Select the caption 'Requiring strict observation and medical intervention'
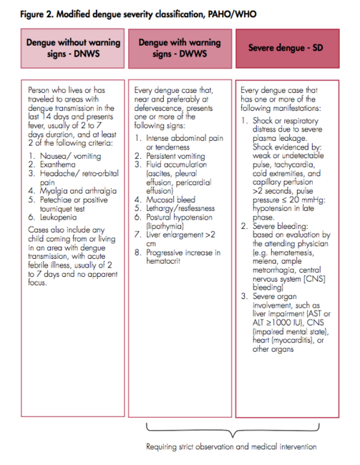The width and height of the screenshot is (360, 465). tap(230, 448)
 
